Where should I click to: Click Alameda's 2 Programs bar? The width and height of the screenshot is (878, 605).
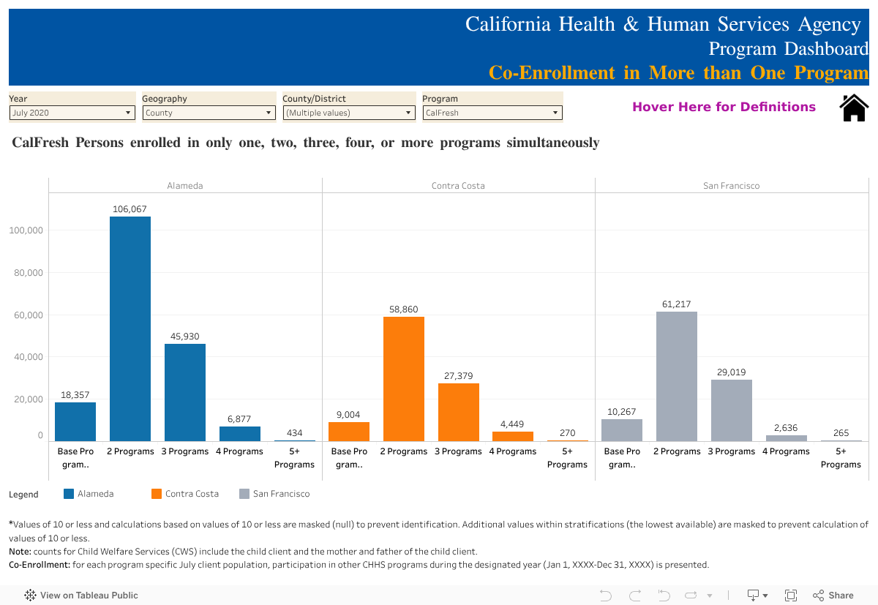(130, 328)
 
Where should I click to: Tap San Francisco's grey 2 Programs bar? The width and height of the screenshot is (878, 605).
(677, 376)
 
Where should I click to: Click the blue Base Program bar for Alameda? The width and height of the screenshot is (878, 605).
(75, 421)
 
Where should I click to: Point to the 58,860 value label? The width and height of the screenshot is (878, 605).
(404, 309)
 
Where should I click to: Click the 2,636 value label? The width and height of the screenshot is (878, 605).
(787, 428)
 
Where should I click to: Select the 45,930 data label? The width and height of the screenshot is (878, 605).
(185, 337)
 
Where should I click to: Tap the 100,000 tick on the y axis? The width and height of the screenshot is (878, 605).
(26, 230)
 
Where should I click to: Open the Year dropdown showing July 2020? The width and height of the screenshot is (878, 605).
(72, 113)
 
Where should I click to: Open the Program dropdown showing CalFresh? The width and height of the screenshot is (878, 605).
(492, 113)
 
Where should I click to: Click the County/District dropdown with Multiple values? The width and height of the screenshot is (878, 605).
(349, 113)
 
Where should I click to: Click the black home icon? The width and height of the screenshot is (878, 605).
(854, 108)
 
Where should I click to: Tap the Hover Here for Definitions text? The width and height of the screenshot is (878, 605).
(724, 107)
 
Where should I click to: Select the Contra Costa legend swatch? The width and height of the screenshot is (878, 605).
(157, 494)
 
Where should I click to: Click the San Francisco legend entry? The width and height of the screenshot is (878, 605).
(281, 494)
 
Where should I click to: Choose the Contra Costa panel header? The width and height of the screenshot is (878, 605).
(458, 186)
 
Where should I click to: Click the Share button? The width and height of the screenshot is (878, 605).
(833, 595)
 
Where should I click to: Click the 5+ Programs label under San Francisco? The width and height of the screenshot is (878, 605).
(841, 458)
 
